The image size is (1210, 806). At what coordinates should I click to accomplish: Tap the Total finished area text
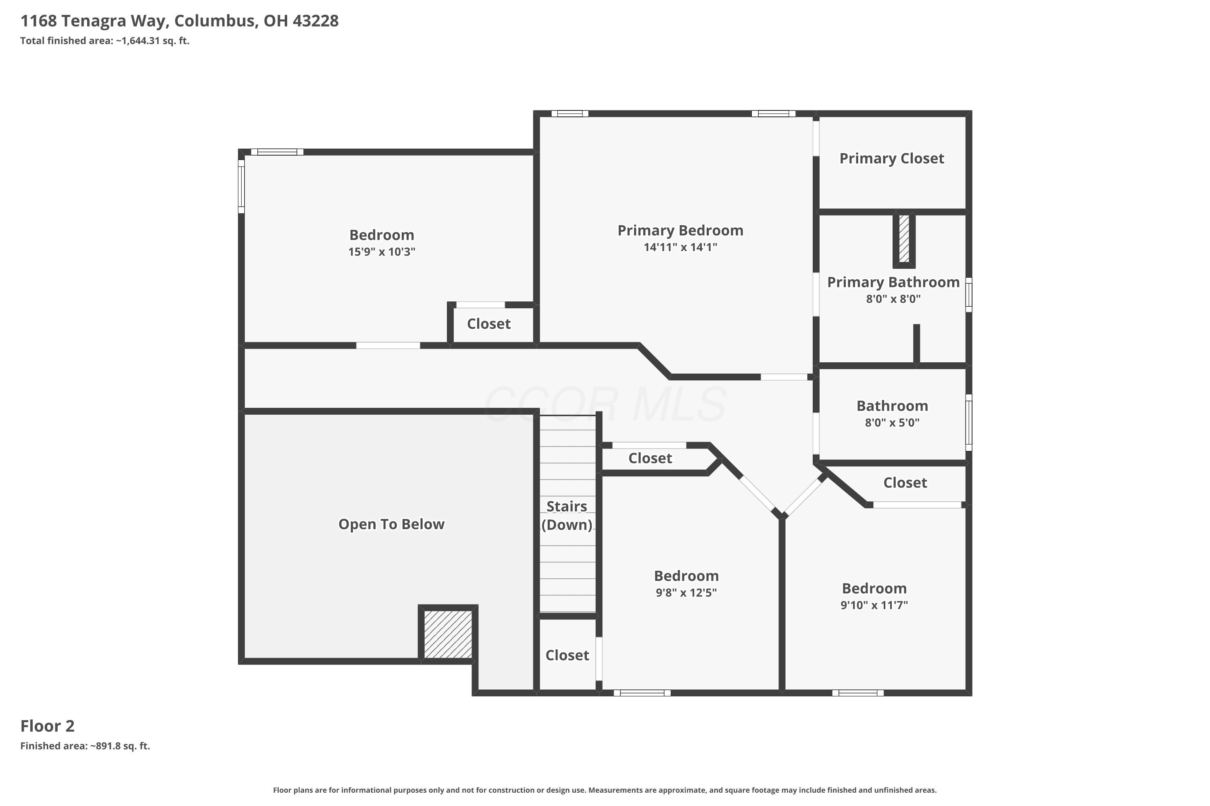[105, 41]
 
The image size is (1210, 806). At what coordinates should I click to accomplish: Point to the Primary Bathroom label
[893, 282]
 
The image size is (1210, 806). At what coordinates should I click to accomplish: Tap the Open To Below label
[392, 524]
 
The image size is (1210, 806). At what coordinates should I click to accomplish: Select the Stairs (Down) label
[567, 515]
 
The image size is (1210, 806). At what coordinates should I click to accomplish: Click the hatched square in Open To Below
[448, 634]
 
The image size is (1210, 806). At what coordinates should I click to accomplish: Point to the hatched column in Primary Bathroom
[904, 239]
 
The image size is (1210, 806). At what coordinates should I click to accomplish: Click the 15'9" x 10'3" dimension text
[382, 252]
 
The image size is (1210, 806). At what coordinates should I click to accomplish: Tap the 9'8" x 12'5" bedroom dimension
[686, 593]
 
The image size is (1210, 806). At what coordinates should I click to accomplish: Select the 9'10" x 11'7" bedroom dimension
[874, 605]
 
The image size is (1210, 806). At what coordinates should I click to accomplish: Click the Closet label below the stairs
[567, 655]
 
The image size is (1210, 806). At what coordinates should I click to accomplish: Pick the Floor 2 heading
[47, 726]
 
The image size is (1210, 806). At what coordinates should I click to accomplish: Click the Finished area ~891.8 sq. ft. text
[85, 746]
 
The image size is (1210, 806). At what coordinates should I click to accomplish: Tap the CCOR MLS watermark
[605, 405]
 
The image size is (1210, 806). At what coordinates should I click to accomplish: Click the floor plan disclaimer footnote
[605, 790]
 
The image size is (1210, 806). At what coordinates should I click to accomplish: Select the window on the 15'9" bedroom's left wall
[241, 186]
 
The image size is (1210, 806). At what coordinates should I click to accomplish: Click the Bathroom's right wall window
[969, 422]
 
